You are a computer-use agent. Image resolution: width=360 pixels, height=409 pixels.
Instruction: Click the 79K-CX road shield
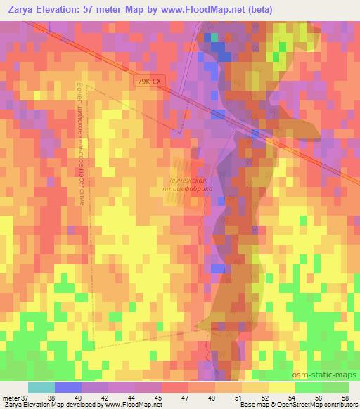(x=149, y=82)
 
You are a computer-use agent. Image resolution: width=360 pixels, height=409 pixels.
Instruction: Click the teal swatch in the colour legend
(x=41, y=387)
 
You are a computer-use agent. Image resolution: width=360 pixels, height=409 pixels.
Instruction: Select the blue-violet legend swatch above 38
(x=68, y=387)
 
